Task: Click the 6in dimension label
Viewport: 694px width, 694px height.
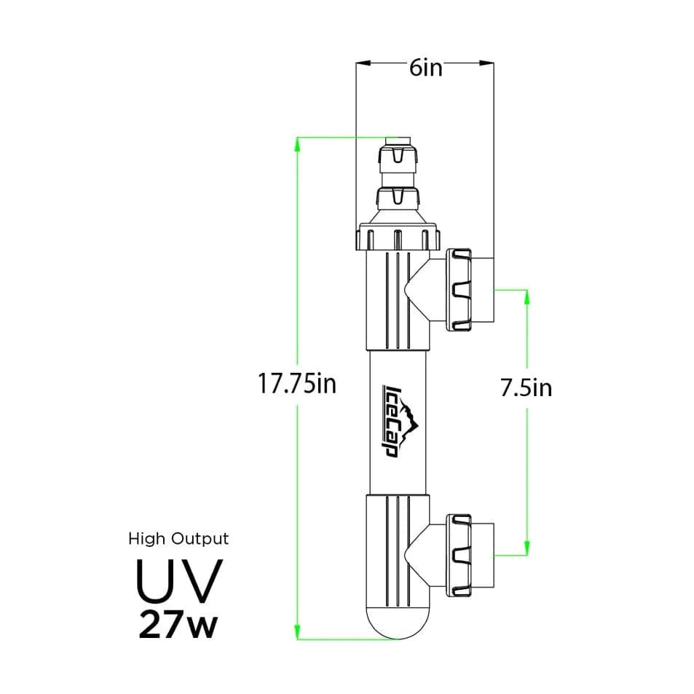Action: click(x=425, y=68)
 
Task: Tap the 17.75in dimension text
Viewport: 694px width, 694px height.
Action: click(x=297, y=384)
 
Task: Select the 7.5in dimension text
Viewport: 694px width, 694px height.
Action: click(x=526, y=388)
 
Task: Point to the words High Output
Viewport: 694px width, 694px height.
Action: click(x=178, y=539)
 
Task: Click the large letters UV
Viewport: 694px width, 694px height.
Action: click(x=178, y=579)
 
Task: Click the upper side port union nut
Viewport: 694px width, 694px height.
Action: click(x=460, y=289)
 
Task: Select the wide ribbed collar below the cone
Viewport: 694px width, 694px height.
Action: click(x=398, y=238)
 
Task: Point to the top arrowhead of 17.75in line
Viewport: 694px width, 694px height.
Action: click(x=297, y=142)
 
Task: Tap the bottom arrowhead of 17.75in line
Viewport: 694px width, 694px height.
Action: click(x=297, y=634)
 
